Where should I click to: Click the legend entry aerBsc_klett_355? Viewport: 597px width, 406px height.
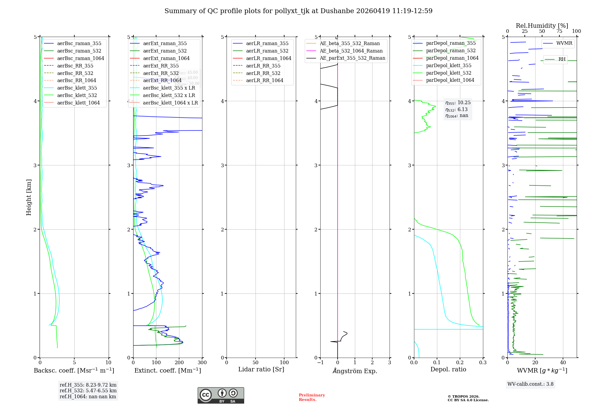point(77,88)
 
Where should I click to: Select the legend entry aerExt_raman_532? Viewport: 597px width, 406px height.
point(165,51)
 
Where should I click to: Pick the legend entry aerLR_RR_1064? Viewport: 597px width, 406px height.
point(264,80)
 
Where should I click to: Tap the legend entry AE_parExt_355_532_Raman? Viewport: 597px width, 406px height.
point(352,58)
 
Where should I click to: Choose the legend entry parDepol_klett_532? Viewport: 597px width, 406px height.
point(449,73)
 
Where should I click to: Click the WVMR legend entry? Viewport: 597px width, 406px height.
point(564,43)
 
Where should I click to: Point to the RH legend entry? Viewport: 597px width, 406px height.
point(562,59)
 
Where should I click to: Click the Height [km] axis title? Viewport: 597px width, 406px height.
point(29,197)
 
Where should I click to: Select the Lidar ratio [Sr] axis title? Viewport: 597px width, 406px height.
point(261,369)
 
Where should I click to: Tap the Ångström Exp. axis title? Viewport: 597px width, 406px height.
point(355,371)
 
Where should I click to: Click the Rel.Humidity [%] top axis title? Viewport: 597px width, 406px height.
point(542,26)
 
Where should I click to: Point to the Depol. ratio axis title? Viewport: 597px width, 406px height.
point(448,369)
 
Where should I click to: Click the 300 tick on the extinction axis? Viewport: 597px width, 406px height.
point(202,363)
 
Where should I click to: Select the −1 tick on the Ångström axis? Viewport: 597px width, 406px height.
point(320,363)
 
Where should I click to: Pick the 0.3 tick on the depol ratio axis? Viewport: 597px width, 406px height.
point(483,363)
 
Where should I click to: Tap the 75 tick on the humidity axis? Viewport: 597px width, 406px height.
point(559,31)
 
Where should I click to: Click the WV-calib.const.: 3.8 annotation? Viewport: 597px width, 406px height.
point(530,384)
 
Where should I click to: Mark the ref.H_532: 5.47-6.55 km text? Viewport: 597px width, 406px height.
point(88,390)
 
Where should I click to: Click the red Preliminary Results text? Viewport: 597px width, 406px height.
point(312,397)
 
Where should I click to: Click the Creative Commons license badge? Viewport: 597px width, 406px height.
point(221,395)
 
